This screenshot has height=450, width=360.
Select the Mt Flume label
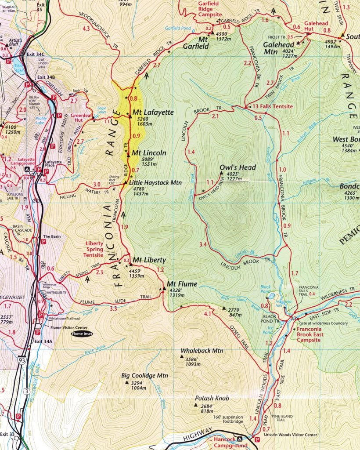point(182,284)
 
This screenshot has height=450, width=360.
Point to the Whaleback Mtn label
point(202,351)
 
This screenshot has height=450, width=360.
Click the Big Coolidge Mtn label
point(144,376)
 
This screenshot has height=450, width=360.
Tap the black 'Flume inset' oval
point(83,334)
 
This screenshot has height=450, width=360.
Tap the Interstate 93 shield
point(22,360)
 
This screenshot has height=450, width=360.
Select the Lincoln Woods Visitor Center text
point(290,435)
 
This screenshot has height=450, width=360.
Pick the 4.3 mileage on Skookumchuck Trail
point(86,29)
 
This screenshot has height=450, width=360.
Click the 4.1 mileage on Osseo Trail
point(208,314)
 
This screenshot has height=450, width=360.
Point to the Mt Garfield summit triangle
point(212,32)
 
